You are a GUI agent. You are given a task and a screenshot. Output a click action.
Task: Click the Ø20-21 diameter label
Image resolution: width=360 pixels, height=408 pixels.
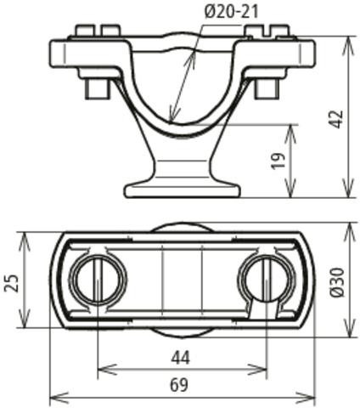tap(231, 12)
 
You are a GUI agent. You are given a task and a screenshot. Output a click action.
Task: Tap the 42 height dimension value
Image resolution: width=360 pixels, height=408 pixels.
tap(337, 119)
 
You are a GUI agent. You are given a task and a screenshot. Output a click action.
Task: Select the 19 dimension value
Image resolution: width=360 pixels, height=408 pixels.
tap(278, 161)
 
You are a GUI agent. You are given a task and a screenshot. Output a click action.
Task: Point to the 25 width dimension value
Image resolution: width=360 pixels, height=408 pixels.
tap(12, 283)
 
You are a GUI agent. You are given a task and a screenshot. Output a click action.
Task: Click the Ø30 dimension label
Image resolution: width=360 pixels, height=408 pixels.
tap(338, 282)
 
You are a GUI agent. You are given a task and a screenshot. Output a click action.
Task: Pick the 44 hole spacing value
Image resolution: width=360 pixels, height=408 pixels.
tap(180, 359)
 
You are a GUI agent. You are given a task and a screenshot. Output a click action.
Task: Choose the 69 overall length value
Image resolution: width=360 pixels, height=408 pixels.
tap(179, 385)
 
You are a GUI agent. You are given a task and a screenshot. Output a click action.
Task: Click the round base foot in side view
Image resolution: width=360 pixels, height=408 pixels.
tap(183, 190)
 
